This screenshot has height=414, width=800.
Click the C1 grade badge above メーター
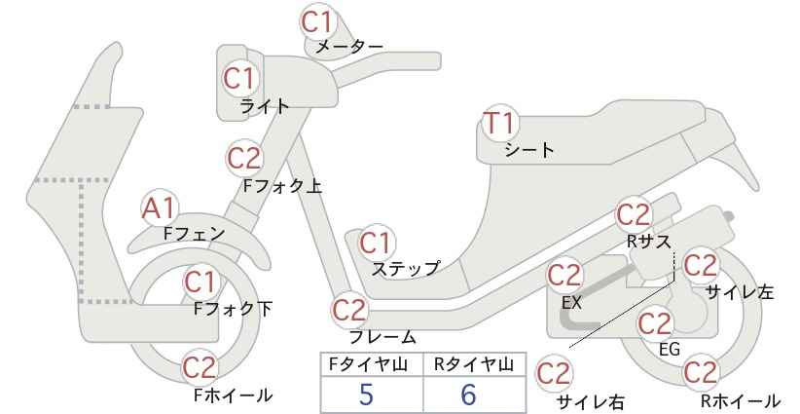tap(317, 22)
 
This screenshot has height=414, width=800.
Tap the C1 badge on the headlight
tap(239, 79)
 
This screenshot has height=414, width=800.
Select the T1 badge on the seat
tap(499, 123)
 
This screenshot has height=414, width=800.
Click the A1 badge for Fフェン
tap(160, 208)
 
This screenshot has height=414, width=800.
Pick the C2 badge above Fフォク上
tap(244, 158)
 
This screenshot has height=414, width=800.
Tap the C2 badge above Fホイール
tap(200, 367)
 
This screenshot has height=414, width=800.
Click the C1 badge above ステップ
tap(377, 243)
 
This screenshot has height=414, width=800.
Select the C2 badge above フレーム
tap(350, 310)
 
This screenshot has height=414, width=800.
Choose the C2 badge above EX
tap(564, 276)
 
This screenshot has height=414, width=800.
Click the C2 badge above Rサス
tap(634, 215)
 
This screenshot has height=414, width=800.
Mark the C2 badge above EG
tap(656, 323)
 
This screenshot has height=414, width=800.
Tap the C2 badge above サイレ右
tap(554, 374)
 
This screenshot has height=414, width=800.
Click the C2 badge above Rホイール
tap(701, 372)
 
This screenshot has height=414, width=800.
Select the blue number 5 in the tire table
tap(366, 395)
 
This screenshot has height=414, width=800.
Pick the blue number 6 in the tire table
tap(468, 395)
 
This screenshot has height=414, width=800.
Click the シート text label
tap(529, 150)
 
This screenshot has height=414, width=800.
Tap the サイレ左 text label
tap(740, 291)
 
